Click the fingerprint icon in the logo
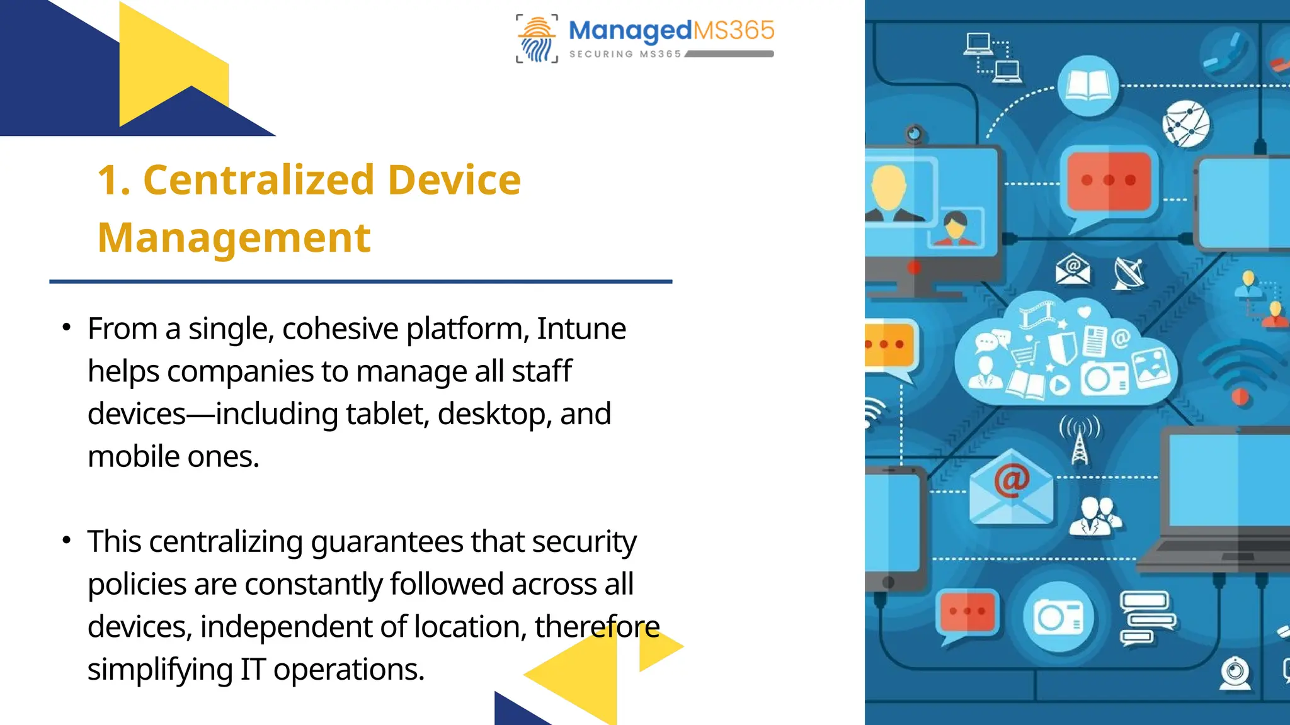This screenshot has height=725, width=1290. click(x=537, y=40)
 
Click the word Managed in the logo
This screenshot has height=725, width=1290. click(x=630, y=30)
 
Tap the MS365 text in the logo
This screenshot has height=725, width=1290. click(x=734, y=30)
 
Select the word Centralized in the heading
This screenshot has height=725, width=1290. click(x=259, y=180)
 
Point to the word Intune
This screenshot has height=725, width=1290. click(x=581, y=329)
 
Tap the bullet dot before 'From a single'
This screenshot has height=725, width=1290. click(x=67, y=327)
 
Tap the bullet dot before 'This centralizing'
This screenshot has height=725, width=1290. click(x=67, y=540)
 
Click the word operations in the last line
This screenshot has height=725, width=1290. click(x=348, y=669)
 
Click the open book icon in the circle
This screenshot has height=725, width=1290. click(x=1088, y=86)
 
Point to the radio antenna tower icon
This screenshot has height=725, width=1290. click(x=1080, y=441)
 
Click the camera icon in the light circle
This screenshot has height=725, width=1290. click(x=1059, y=617)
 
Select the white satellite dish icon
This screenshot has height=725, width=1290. click(x=1128, y=273)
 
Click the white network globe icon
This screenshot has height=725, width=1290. click(x=1186, y=123)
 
